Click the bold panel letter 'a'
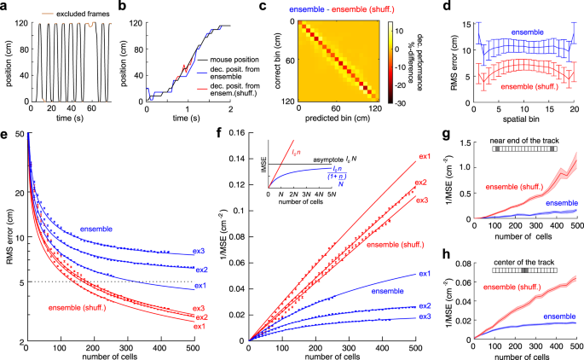click(5, 7)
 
